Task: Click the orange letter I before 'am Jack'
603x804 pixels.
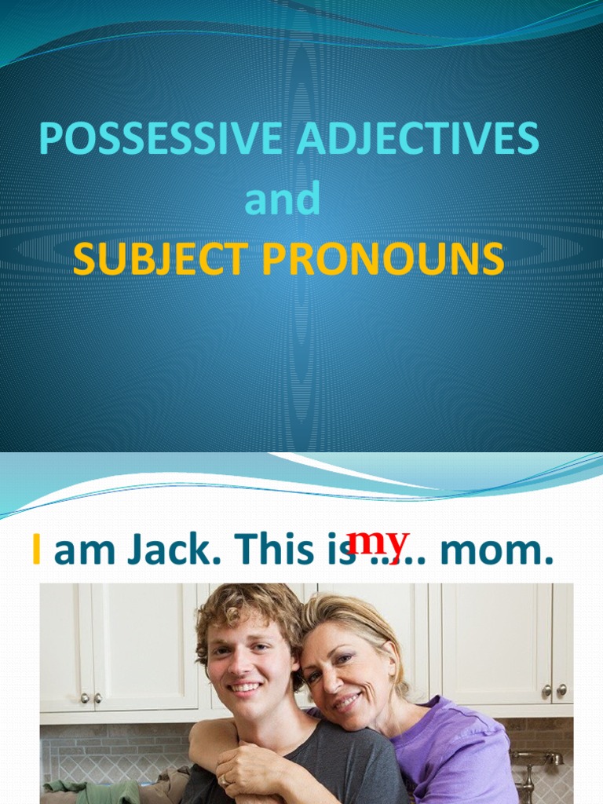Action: pos(36,550)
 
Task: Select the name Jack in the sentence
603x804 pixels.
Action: pos(170,550)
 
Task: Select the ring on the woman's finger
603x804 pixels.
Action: pos(223,780)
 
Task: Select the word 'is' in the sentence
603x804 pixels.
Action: pos(342,550)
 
